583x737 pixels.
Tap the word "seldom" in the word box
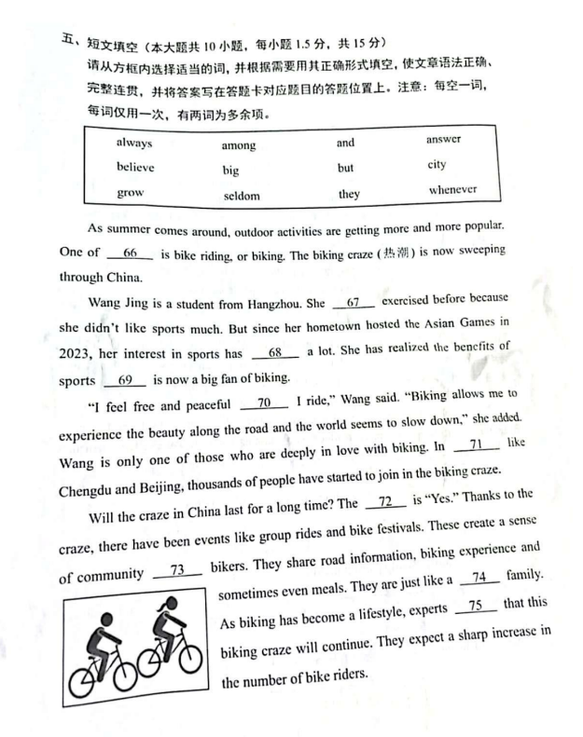(x=241, y=196)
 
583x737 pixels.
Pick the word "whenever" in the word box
(x=452, y=190)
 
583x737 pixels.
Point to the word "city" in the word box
(x=437, y=165)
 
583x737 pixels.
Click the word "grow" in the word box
(x=131, y=193)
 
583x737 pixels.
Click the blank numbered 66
(x=130, y=253)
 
